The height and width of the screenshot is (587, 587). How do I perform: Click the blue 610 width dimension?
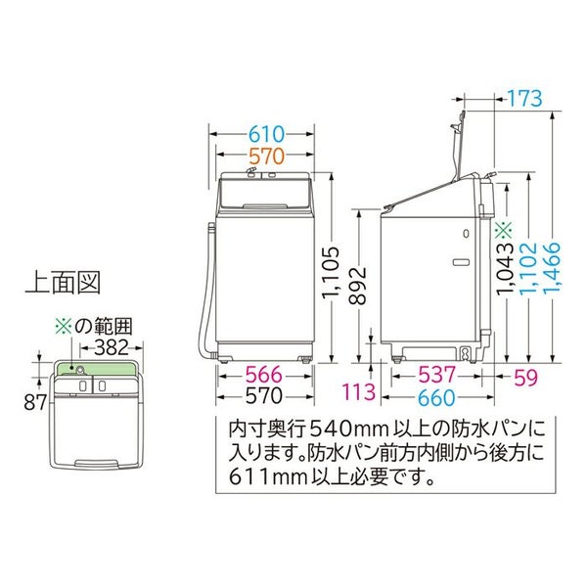[x=267, y=134]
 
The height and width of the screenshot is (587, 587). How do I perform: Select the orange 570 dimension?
[x=267, y=157]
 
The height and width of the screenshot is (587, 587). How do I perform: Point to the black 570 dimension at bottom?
[x=264, y=395]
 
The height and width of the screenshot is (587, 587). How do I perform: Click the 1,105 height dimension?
[x=331, y=271]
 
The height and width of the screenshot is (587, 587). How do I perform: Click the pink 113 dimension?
[x=358, y=391]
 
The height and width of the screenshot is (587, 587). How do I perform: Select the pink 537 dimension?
[x=437, y=375]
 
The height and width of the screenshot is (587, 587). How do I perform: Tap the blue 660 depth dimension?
[x=437, y=397]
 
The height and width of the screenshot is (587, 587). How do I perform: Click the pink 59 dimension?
[x=525, y=378]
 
